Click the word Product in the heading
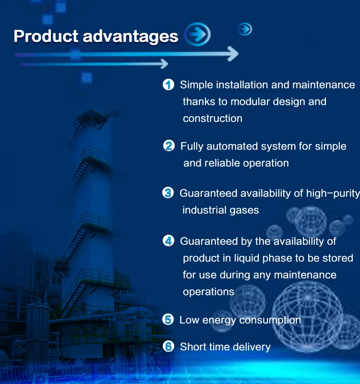[46, 36]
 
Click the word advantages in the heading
[131, 37]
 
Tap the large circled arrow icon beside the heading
[197, 34]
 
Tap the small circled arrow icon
[245, 29]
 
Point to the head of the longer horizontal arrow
[233, 54]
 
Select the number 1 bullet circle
[168, 85]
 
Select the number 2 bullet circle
[169, 146]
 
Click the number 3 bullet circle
[168, 193]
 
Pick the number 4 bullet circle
[168, 241]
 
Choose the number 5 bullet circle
[168, 320]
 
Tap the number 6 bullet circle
[168, 346]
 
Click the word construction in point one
[213, 119]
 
